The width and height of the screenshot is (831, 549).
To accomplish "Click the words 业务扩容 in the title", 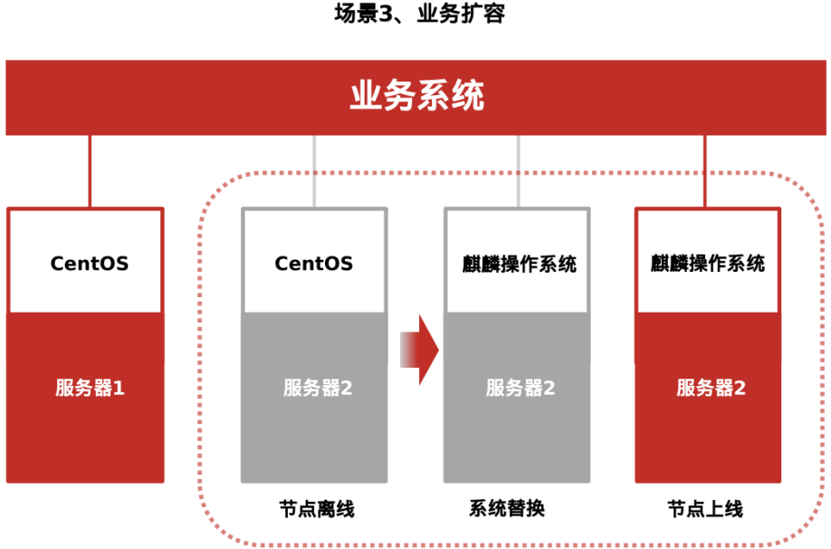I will (x=460, y=14).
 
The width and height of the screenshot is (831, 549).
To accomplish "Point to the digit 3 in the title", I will (x=390, y=14).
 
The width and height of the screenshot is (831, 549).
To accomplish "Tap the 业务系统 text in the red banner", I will (x=416, y=96).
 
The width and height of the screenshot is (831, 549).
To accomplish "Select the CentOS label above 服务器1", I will (x=89, y=264).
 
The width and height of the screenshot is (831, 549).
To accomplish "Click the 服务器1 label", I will (x=89, y=389).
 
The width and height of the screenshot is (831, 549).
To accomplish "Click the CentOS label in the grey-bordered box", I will (x=313, y=264).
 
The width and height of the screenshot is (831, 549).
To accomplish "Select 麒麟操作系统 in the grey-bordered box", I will (x=518, y=265).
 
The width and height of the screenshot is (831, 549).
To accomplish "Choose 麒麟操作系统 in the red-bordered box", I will (x=708, y=264).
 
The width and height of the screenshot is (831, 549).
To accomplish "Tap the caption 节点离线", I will (x=317, y=509).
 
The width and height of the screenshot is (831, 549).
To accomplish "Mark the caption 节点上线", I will (x=705, y=509).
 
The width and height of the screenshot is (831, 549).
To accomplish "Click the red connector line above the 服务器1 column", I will (x=90, y=172).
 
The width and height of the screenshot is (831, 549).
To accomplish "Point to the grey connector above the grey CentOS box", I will (x=314, y=172).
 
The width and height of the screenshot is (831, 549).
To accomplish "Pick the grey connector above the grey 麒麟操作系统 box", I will (x=518, y=172).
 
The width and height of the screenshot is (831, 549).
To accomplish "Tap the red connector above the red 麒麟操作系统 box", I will (x=705, y=172).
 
